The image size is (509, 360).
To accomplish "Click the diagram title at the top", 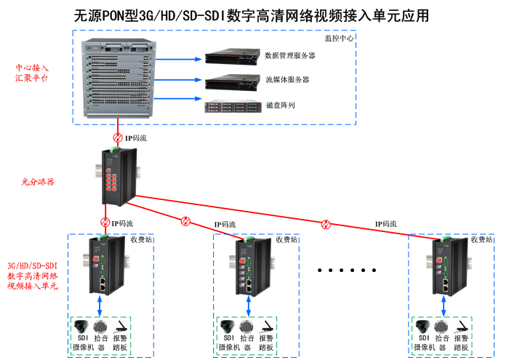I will (x=252, y=15).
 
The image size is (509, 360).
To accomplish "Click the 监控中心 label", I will (x=338, y=39).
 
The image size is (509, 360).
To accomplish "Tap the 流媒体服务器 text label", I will (x=287, y=80).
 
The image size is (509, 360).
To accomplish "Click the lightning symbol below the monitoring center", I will (x=118, y=137).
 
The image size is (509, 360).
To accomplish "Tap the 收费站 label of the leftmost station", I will (x=141, y=239).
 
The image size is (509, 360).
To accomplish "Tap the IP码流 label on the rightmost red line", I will (x=385, y=224).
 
